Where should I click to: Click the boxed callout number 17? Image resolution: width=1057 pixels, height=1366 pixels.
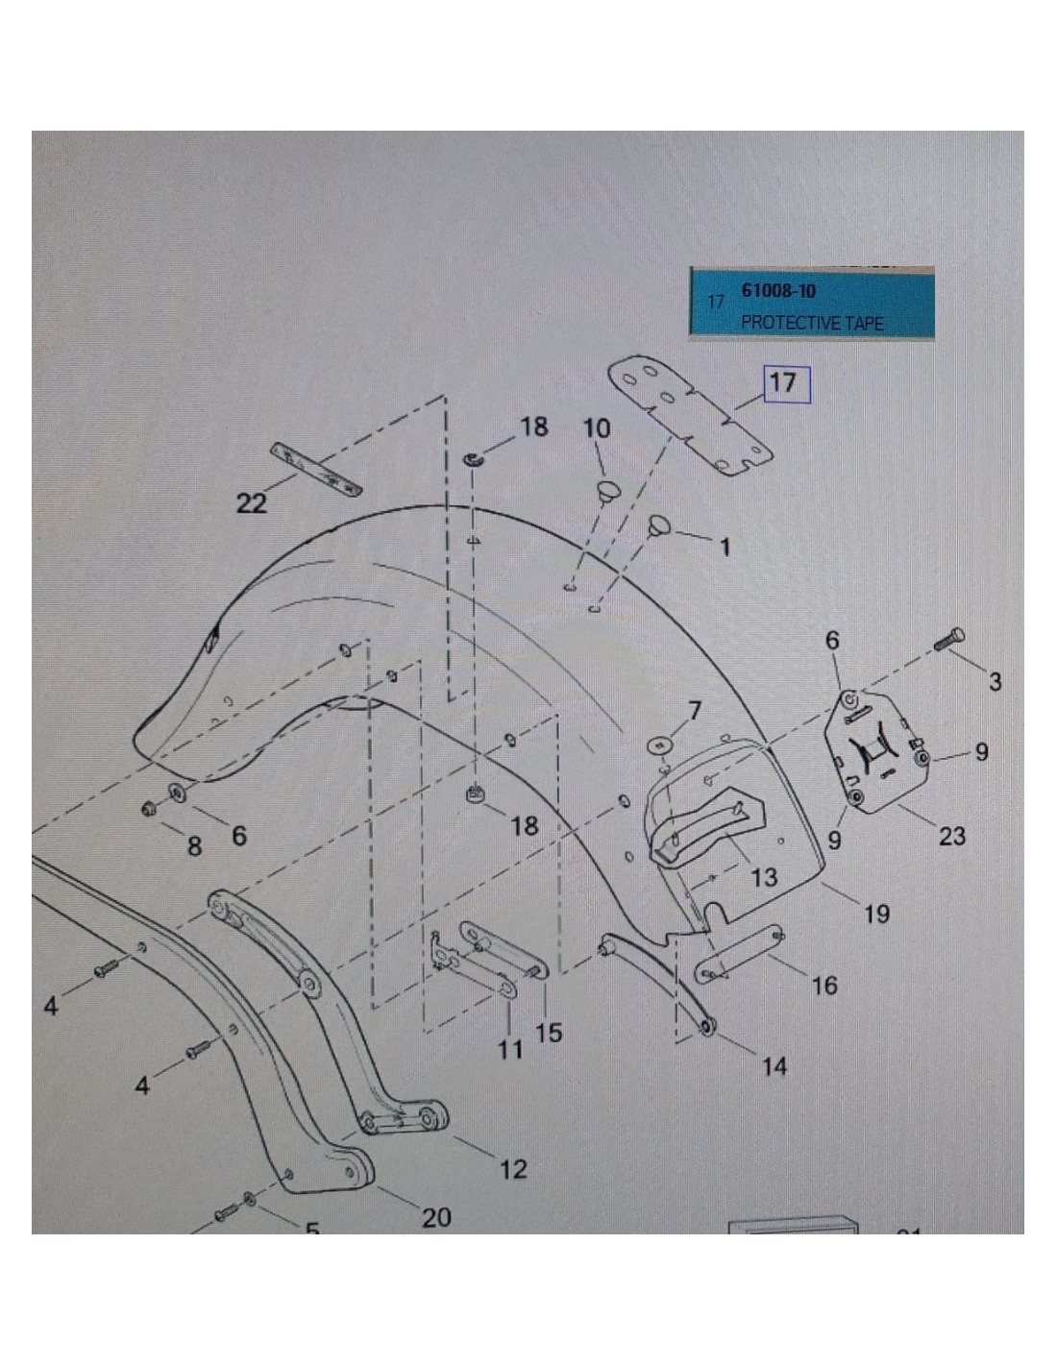(x=781, y=383)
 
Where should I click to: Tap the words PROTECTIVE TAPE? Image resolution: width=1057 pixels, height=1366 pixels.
(x=812, y=323)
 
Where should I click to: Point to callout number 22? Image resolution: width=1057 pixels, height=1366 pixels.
(x=252, y=502)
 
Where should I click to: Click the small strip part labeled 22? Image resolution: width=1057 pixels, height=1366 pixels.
(x=316, y=469)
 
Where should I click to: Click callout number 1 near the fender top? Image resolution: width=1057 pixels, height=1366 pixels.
(x=724, y=547)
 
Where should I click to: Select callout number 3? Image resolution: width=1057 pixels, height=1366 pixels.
(x=995, y=681)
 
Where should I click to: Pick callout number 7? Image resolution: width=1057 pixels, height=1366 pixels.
(x=694, y=712)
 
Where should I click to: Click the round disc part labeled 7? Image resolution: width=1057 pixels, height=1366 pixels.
(x=660, y=745)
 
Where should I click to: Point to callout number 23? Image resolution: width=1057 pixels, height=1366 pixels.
(x=951, y=836)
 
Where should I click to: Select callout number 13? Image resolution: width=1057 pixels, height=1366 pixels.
(x=764, y=877)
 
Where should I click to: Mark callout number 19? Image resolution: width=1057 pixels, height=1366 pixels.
(x=876, y=914)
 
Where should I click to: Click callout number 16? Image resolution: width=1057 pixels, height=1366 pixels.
(x=824, y=985)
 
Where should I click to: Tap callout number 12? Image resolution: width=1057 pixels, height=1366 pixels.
(x=512, y=1169)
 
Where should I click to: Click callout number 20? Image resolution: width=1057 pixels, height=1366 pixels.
(x=435, y=1218)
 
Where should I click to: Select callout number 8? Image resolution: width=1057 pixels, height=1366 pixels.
(x=194, y=846)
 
